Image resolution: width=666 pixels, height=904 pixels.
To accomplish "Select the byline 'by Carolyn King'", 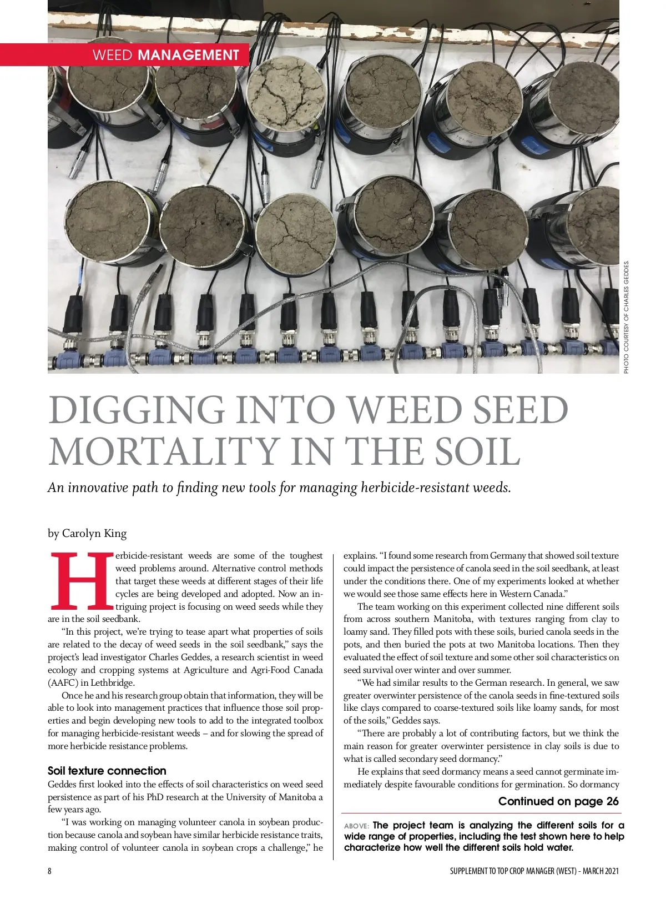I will (x=87, y=534).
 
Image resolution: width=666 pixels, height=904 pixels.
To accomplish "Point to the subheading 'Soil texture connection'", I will (x=107, y=771).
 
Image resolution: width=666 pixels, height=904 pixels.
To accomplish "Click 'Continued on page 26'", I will (x=558, y=801).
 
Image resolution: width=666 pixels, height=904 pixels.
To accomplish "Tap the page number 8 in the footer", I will (x=50, y=871).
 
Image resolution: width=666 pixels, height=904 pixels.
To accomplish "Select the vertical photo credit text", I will (x=627, y=317).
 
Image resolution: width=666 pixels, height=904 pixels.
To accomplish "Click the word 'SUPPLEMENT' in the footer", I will (x=468, y=871).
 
